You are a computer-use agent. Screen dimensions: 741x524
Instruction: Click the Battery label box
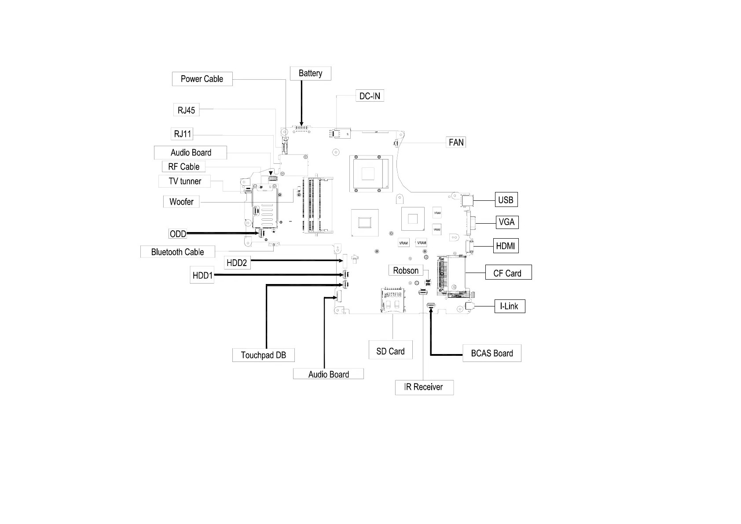[x=310, y=74]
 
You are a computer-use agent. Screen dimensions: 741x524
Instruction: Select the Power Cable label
[x=202, y=79]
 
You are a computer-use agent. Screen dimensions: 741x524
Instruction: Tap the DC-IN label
[x=370, y=96]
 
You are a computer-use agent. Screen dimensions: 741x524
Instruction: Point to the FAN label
[x=456, y=142]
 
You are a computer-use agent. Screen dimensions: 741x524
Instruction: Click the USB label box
[x=506, y=200]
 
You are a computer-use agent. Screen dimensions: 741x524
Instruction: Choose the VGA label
[x=506, y=222]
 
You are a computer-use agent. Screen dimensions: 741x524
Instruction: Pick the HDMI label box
[x=505, y=246]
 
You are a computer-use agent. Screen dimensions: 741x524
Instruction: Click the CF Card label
[x=507, y=273]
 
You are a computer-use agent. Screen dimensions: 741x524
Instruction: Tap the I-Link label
[x=509, y=306]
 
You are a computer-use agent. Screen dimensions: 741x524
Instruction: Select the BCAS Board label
[x=492, y=353]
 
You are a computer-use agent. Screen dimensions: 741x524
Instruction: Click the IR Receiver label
[x=424, y=387]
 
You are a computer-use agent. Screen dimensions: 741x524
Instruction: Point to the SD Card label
[x=390, y=351]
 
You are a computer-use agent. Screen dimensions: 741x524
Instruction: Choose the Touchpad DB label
[x=263, y=355]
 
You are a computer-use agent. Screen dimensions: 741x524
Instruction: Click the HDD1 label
[x=202, y=276]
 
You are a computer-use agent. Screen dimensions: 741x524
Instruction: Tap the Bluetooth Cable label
[x=177, y=252]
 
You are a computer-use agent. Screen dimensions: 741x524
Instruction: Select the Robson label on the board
[x=406, y=270]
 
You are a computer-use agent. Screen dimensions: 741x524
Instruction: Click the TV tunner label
[x=185, y=181]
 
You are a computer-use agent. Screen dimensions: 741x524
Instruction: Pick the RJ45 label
[x=186, y=110]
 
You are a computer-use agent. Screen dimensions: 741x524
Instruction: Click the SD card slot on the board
[x=393, y=300]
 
